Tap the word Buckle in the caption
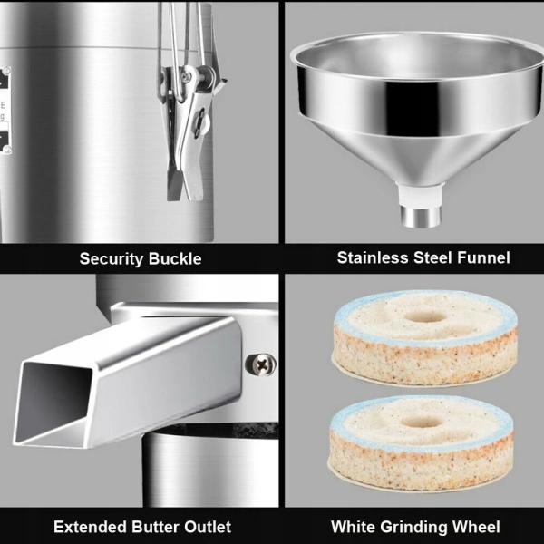[x=176, y=258]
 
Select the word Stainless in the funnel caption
[x=372, y=257]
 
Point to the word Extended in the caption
[x=89, y=526]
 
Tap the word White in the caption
[x=353, y=526]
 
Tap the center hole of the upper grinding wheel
[x=424, y=317]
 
